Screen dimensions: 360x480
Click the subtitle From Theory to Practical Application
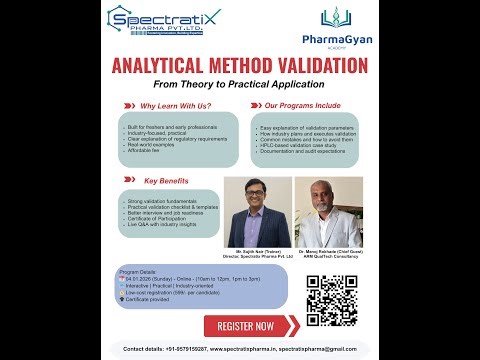[x=240, y=86]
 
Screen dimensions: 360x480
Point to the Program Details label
[x=137, y=271]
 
